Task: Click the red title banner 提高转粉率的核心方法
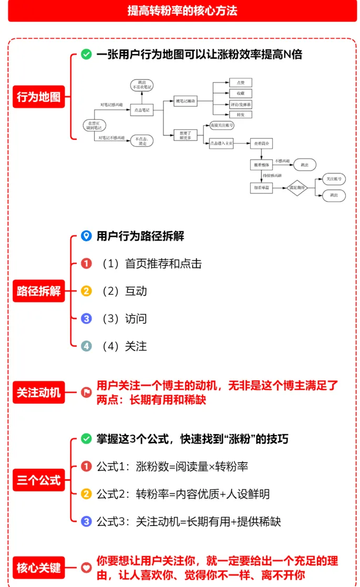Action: [x=182, y=11]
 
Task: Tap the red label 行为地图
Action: [x=38, y=97]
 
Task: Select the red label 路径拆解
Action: [x=38, y=291]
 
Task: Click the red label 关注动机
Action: [x=38, y=393]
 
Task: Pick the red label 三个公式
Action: [x=38, y=480]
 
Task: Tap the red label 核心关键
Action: [x=38, y=568]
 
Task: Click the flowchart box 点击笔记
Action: [x=141, y=110]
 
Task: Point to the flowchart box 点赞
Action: [x=241, y=83]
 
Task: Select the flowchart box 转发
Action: [x=241, y=115]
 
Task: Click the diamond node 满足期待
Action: [x=297, y=188]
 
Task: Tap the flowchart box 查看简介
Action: [x=261, y=143]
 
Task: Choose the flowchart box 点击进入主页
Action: [x=221, y=143]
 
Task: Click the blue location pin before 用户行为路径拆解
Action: [x=87, y=236]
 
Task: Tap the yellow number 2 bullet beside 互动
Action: [x=87, y=291]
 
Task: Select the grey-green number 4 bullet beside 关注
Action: [x=87, y=346]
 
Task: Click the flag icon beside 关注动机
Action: [x=87, y=393]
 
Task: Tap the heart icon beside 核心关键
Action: [x=87, y=568]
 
